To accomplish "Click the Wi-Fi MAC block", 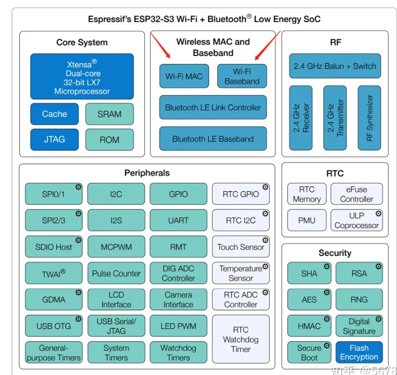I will [x=184, y=76].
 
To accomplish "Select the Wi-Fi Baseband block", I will [x=242, y=76].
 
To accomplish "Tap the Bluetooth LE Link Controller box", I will [x=213, y=107].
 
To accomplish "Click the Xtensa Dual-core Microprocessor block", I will [x=82, y=77].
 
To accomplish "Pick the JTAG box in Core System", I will [x=54, y=139].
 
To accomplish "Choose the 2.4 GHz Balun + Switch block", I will [x=335, y=67].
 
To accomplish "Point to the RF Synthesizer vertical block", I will [x=369, y=117].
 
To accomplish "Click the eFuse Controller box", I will [x=357, y=194].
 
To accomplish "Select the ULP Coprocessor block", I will [x=357, y=220].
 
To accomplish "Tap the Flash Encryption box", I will [x=359, y=352].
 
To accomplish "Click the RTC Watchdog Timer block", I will [x=241, y=339].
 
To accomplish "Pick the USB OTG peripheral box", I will [x=53, y=326].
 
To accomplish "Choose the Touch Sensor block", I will [x=241, y=247].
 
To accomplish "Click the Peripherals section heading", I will [x=147, y=173].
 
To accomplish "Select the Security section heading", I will [x=335, y=253].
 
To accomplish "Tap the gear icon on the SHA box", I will [x=327, y=266].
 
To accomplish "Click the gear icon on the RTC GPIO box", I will [x=266, y=187].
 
